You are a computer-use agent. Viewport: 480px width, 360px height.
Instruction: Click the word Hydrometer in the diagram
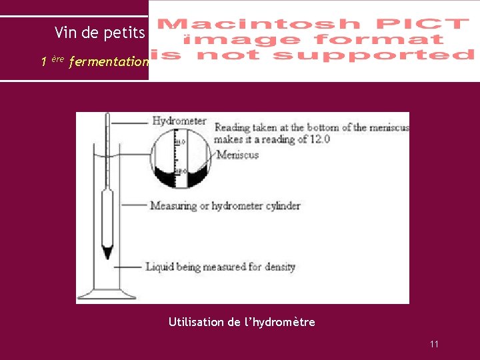(x=179, y=121)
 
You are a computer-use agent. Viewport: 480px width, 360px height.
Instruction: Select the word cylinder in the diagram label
(x=279, y=205)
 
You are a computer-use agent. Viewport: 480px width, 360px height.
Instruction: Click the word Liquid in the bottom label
(x=159, y=267)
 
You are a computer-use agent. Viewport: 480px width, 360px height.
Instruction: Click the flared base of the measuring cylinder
(x=107, y=294)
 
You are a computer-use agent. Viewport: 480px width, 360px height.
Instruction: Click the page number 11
(x=434, y=344)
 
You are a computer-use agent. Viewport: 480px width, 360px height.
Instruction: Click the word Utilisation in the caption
(x=196, y=322)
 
